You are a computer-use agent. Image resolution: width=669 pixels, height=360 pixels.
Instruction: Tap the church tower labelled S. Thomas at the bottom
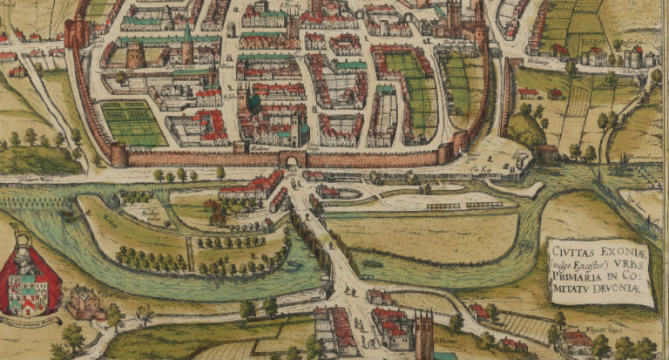425,335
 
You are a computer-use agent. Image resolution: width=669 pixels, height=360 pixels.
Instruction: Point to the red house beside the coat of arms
85,302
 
